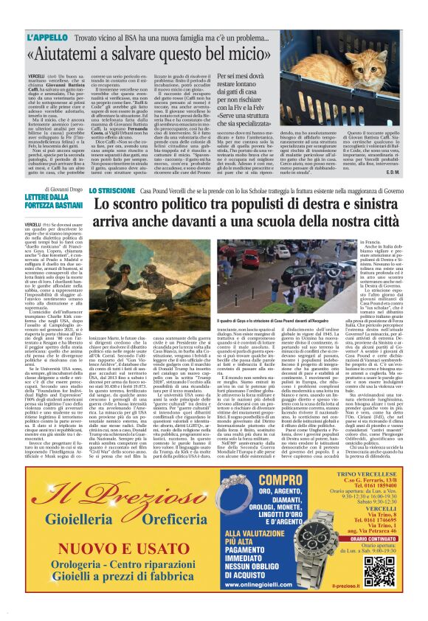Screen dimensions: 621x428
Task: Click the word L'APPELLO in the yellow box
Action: point(47,36)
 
